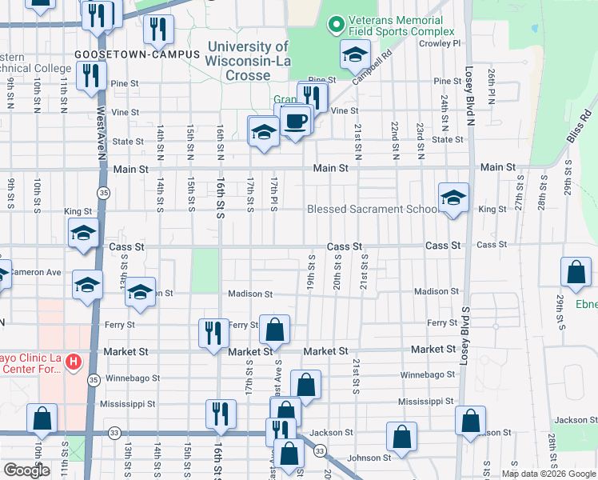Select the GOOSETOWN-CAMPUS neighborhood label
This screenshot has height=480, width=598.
pos(125,54)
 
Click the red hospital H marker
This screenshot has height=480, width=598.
pos(73,362)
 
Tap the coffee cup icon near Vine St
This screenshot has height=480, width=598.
pos(296,120)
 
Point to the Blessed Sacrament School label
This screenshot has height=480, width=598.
pos(372,210)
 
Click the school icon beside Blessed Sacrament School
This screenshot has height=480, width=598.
pos(453,197)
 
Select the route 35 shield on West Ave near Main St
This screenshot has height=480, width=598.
pos(103,193)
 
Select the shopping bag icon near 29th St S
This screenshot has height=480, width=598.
pos(576,273)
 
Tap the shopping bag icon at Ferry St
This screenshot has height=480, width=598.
pos(274,330)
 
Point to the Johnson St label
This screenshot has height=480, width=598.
pos(369,458)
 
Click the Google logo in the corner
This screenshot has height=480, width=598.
pos(26,470)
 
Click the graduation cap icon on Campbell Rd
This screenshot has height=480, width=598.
pos(354,56)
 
